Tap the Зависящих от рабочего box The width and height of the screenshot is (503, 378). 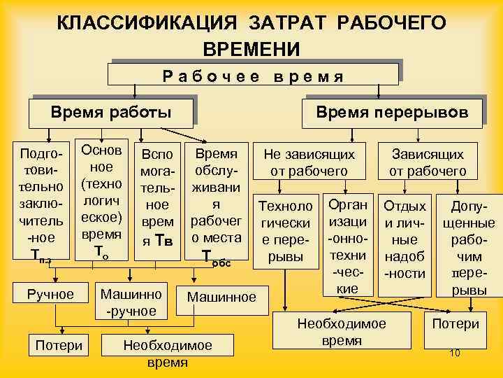click(428, 162)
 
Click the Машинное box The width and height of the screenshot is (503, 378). click(221, 297)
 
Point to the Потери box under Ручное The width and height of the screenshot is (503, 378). click(59, 344)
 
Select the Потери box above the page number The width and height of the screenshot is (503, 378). click(455, 324)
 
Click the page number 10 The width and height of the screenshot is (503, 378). click(455, 353)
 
